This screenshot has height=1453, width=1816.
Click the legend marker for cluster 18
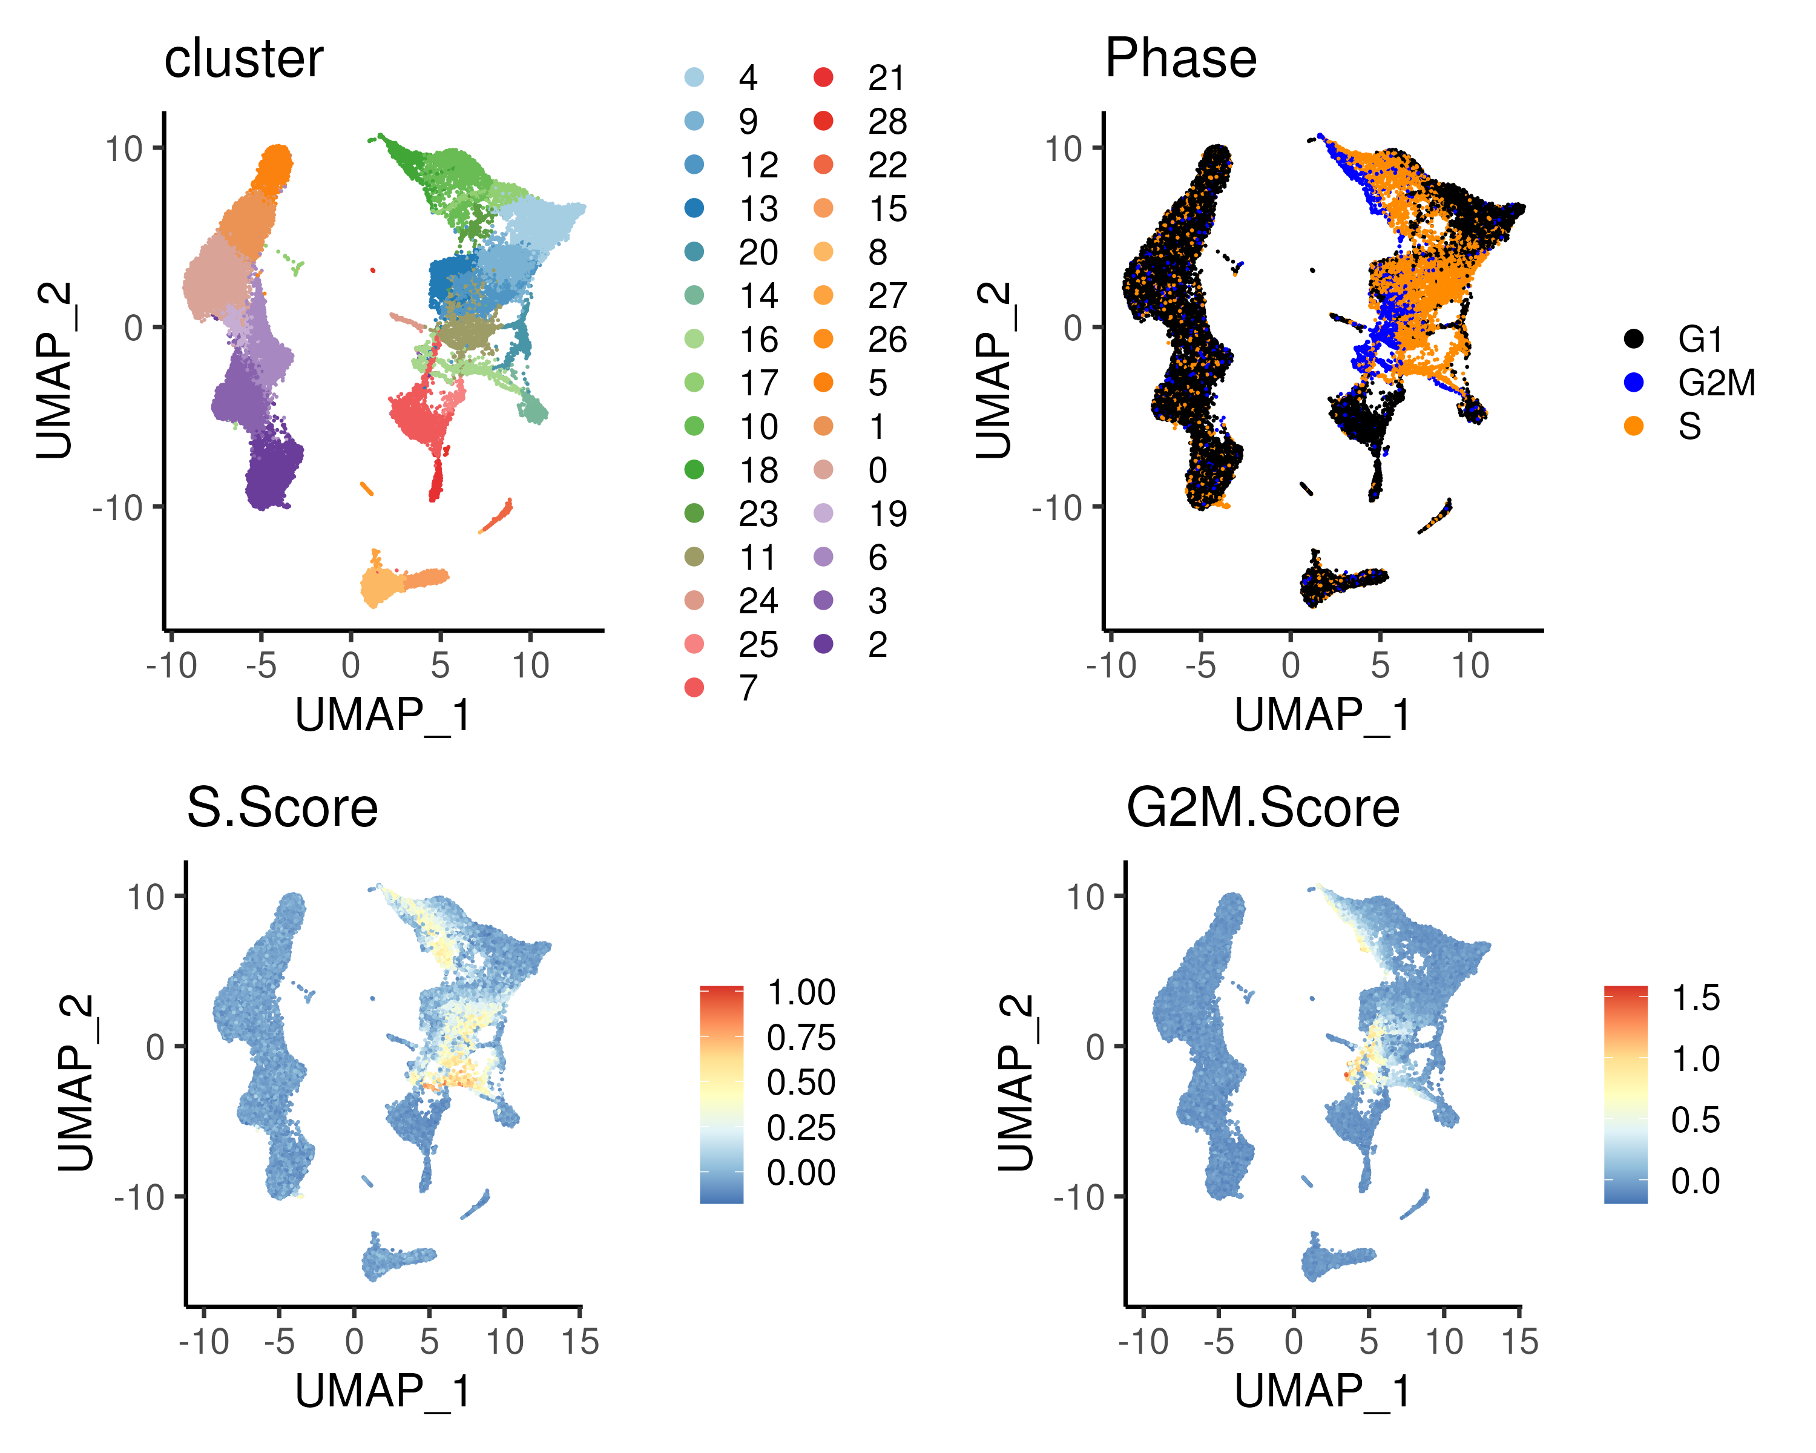[x=694, y=470]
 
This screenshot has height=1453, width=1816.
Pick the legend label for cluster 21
[x=886, y=78]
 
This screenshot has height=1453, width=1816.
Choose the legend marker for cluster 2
[x=823, y=644]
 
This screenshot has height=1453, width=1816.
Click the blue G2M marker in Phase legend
[x=1633, y=383]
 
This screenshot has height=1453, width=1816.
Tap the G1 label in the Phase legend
[x=1700, y=340]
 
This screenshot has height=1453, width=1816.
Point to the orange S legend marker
[x=1633, y=426]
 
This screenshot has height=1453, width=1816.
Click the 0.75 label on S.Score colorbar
[x=800, y=1038]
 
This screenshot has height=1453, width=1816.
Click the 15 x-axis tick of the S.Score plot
[x=579, y=1342]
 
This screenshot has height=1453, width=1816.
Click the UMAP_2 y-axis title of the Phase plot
[x=993, y=371]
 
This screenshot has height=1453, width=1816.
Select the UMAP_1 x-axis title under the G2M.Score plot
[x=1323, y=1391]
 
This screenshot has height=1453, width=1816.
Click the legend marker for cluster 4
[x=694, y=77]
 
